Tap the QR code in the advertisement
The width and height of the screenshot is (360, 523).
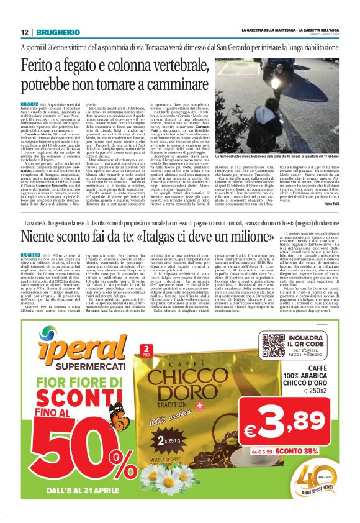(x=273, y=345)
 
